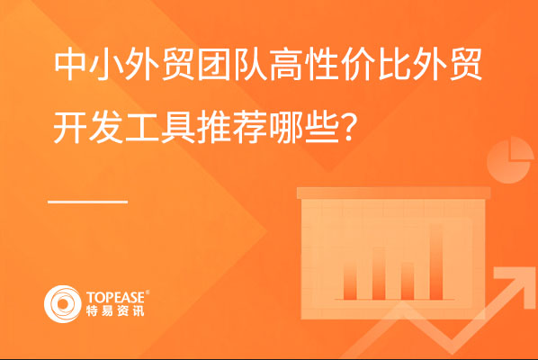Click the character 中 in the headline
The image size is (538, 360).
pos(70,65)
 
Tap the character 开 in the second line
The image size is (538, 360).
pos(70,128)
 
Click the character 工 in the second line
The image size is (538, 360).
pos(142,128)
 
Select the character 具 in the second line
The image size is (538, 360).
pos(178,128)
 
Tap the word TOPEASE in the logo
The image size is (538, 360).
pos(116,297)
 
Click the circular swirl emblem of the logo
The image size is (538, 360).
pos(63,303)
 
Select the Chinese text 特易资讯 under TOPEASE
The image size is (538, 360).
pos(115,310)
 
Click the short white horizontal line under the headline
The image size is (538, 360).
pos(88,202)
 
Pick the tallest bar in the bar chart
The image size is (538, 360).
pos(436,262)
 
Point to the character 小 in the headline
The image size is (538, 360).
pos(106,65)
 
